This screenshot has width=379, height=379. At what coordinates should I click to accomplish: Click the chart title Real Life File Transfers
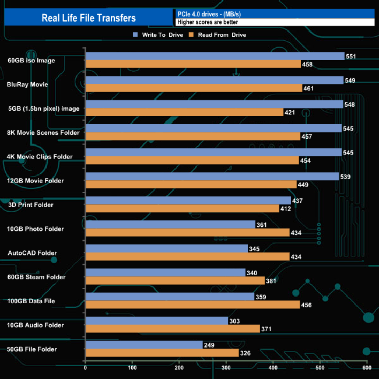pos(89,17)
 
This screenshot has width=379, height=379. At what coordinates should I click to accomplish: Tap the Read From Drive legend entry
pos(216,35)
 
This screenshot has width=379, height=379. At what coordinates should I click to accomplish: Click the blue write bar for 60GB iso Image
pos(215,56)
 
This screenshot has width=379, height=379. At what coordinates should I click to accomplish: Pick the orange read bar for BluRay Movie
pos(194,88)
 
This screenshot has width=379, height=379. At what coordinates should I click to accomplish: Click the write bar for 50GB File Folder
pos(144,345)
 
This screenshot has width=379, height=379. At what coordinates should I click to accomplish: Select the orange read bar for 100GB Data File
pos(192,305)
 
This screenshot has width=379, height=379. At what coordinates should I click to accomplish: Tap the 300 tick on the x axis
pos(226,367)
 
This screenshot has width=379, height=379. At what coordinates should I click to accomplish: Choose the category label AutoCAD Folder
pos(33,253)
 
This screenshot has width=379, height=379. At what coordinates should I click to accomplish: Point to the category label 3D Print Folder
pos(30,205)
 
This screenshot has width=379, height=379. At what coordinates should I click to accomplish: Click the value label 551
pos(352,57)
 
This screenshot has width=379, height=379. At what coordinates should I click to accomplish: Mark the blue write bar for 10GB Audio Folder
pos(156,321)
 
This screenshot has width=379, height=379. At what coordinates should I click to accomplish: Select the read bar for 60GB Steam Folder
pos(175,280)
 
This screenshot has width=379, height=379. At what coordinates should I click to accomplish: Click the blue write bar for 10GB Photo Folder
pos(170,224)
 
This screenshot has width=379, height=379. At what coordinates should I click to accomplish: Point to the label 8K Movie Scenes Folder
pos(44,132)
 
